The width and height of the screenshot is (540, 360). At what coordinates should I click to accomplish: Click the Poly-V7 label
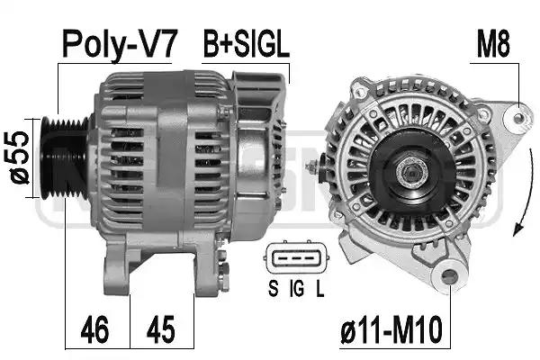tap(120, 45)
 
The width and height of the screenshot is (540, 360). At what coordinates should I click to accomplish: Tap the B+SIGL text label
tap(247, 45)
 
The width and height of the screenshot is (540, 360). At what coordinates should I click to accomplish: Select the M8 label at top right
tap(493, 45)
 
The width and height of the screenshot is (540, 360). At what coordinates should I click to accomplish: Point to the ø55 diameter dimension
tap(19, 157)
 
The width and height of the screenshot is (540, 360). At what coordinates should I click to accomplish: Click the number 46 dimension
tap(94, 329)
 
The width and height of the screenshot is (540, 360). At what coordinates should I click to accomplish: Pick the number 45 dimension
tap(160, 329)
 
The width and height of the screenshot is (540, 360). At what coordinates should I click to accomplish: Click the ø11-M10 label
tap(391, 329)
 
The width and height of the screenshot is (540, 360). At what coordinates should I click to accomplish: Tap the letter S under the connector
tap(273, 288)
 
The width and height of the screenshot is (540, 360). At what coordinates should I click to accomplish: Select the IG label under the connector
tap(296, 288)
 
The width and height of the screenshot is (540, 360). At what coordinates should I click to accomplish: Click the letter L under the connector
tap(319, 288)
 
